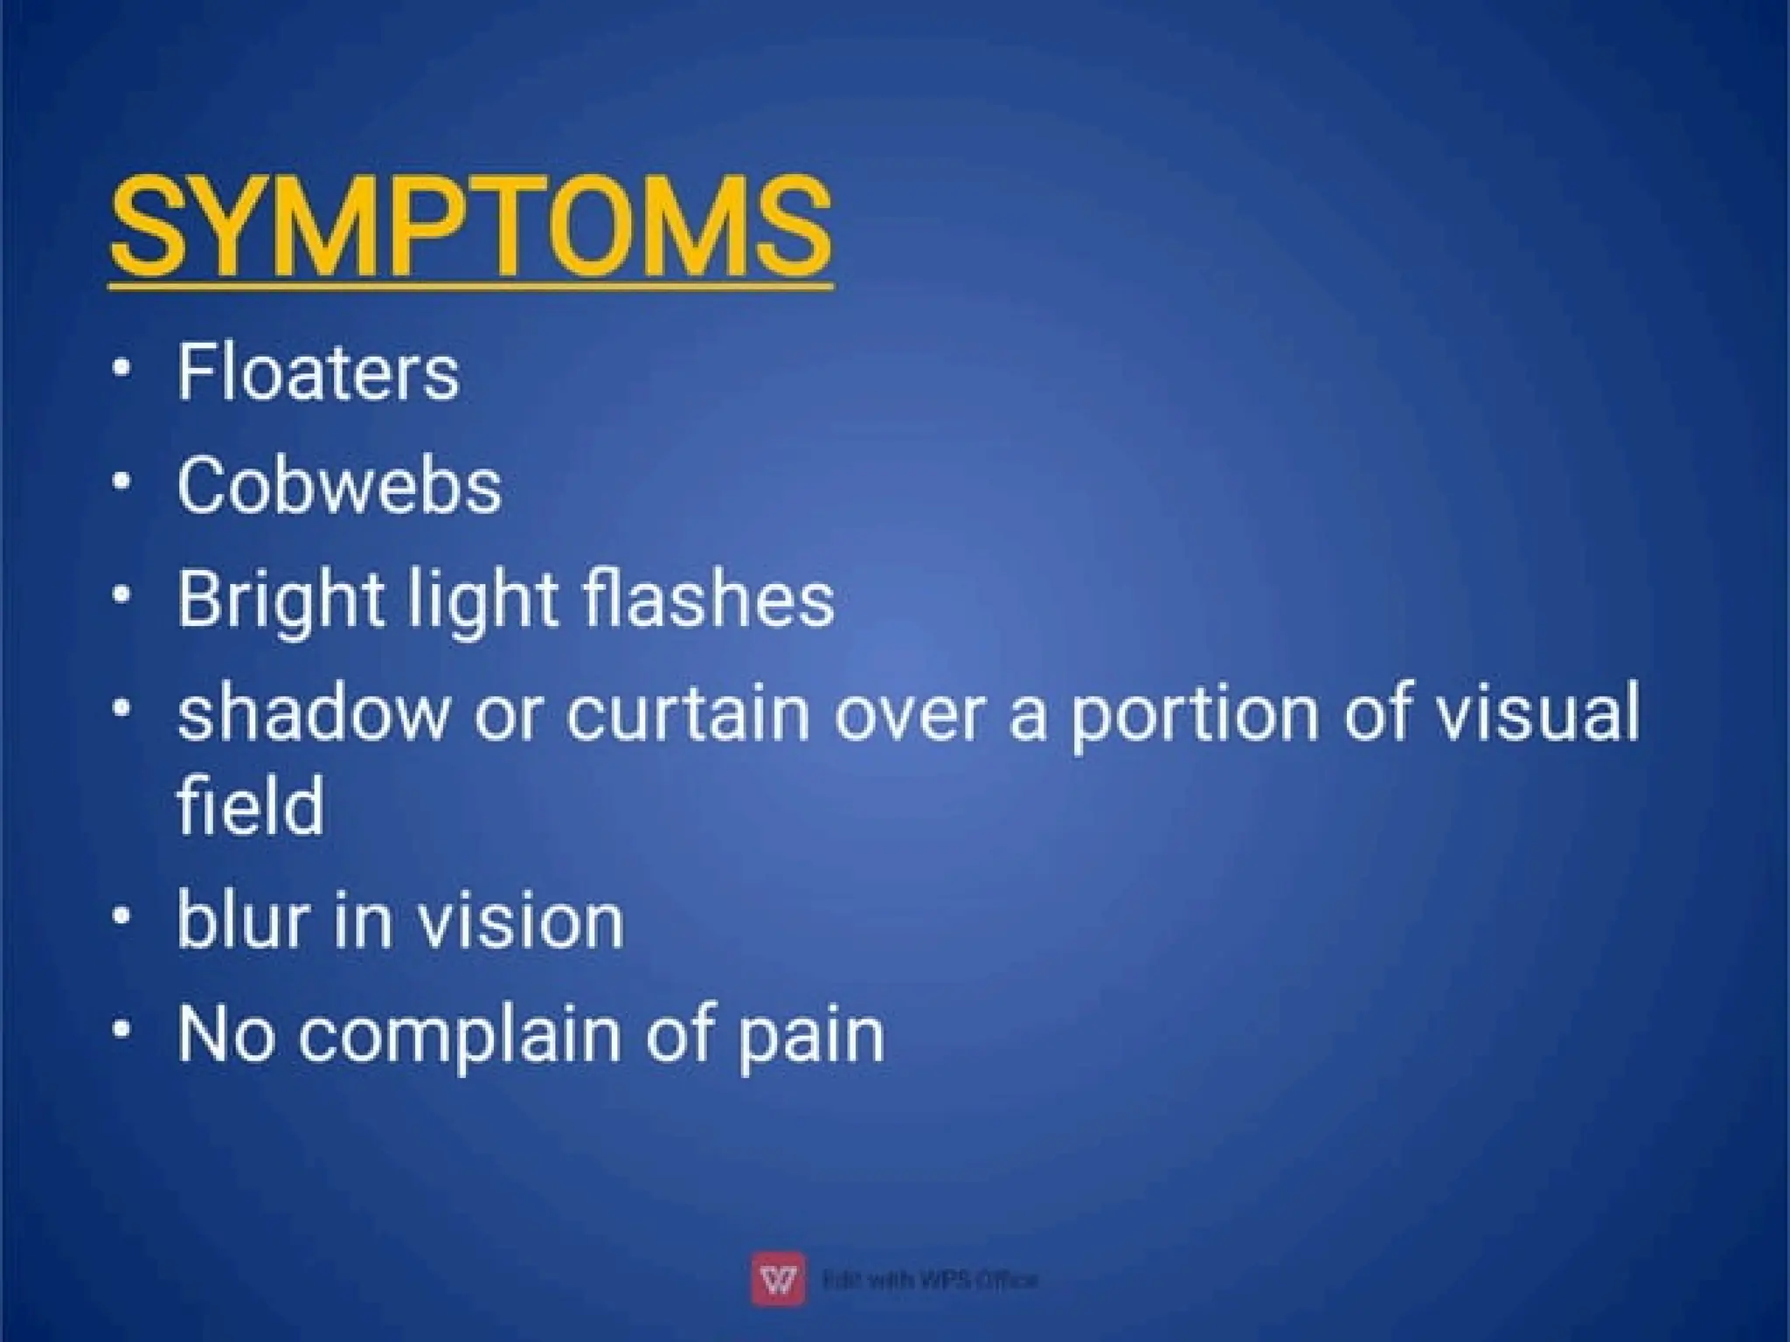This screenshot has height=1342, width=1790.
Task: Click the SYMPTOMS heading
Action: pyautogui.click(x=471, y=226)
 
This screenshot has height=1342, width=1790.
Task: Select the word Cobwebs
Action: pyautogui.click(x=339, y=485)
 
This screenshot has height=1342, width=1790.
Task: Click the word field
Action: pyautogui.click(x=250, y=805)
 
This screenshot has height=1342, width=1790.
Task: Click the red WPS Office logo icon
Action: pyautogui.click(x=778, y=1279)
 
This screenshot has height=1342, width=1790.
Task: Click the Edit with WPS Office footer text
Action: pyautogui.click(x=930, y=1280)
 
